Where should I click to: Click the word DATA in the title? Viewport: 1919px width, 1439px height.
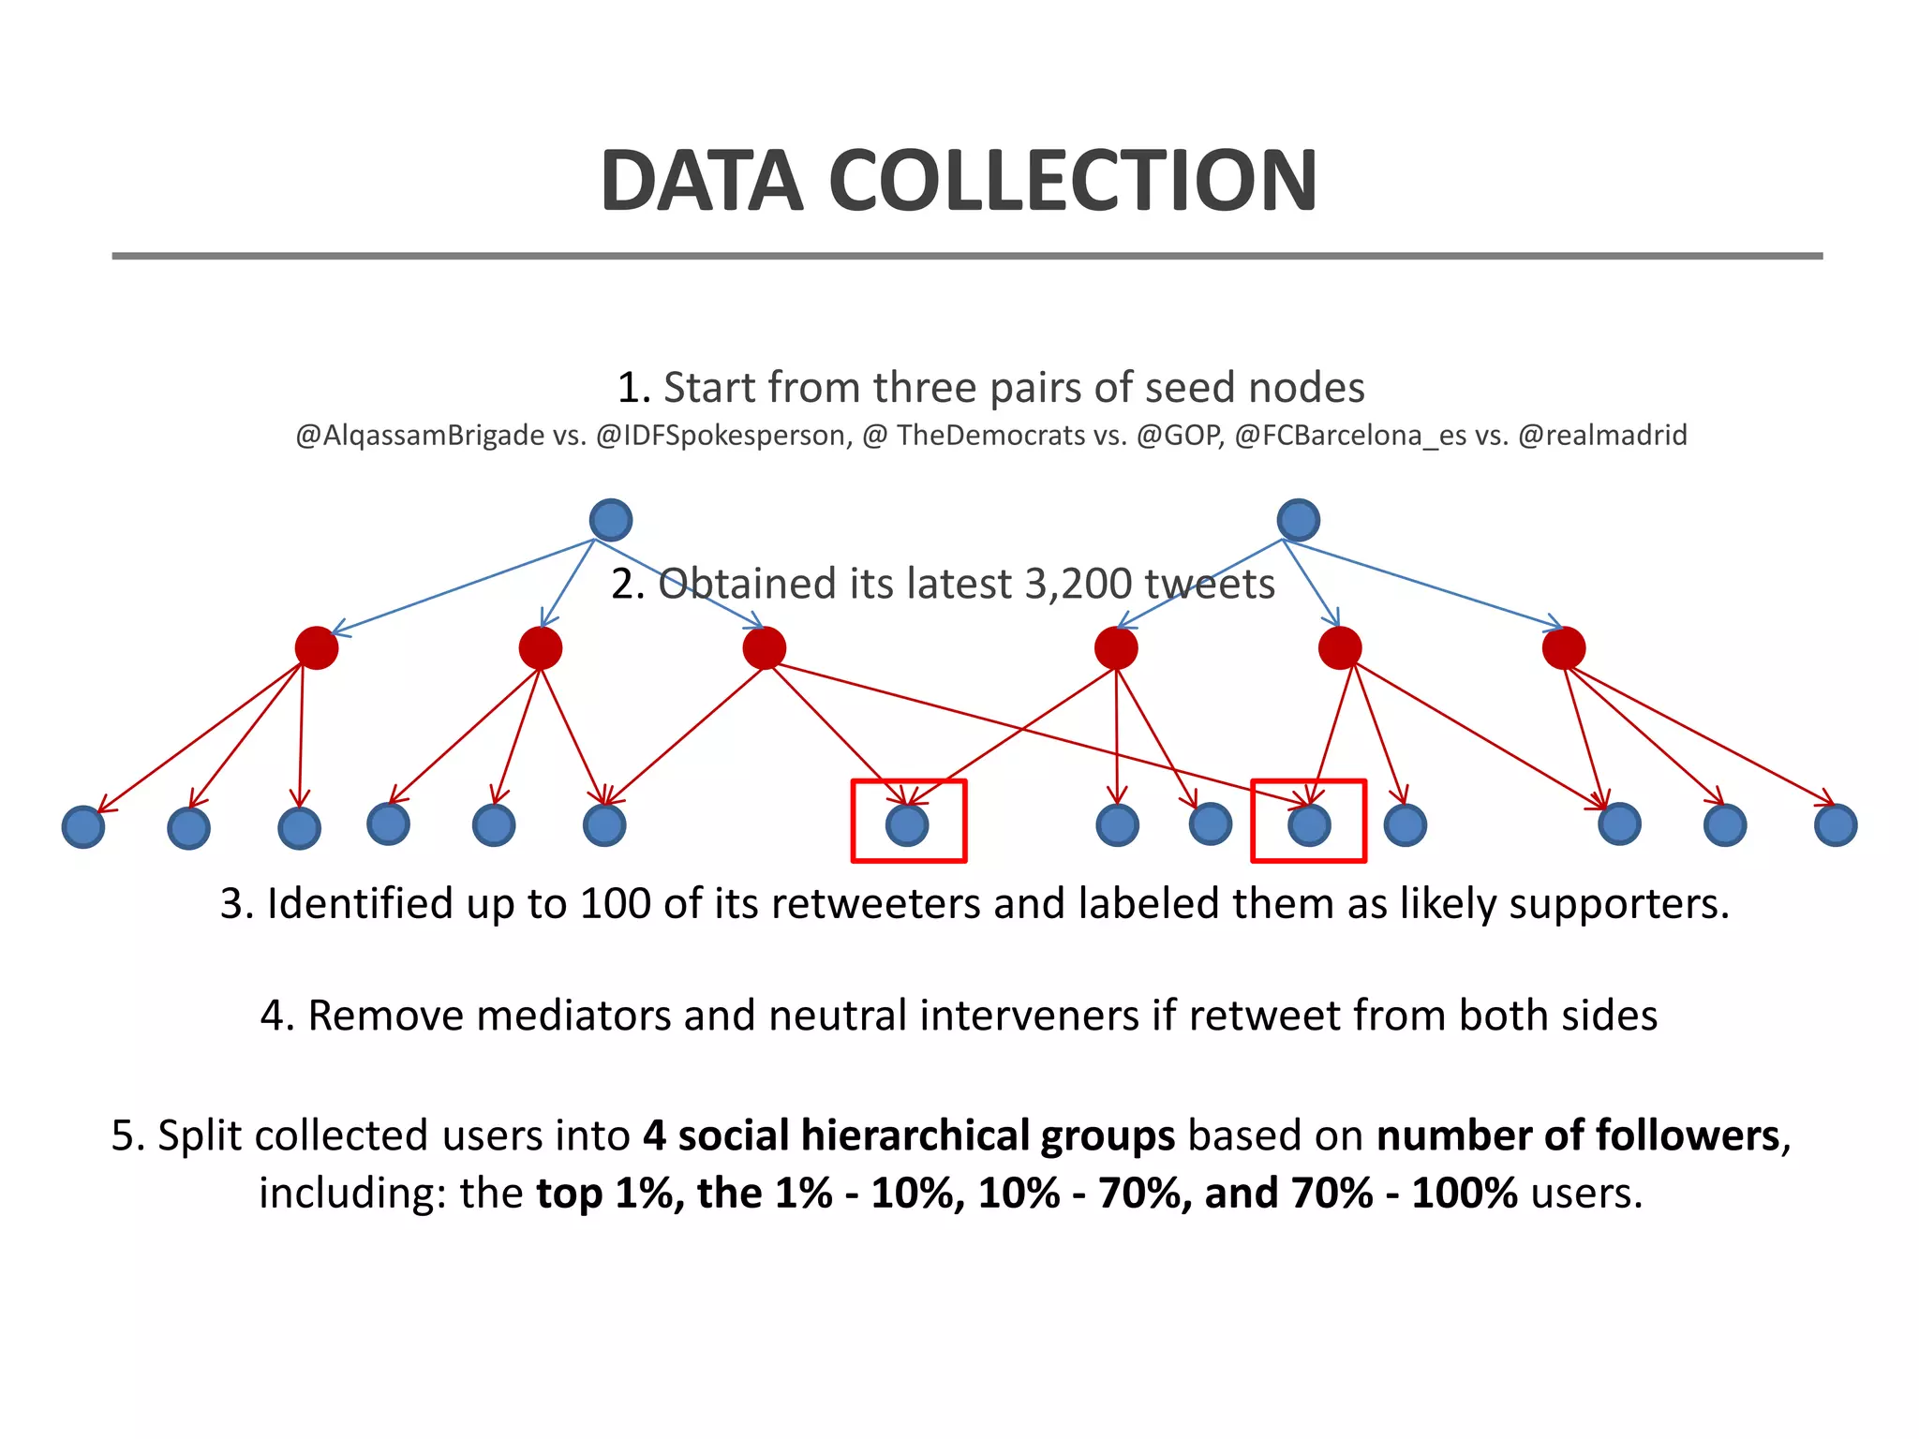pyautogui.click(x=702, y=181)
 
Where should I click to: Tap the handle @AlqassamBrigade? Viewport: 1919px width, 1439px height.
pyautogui.click(x=420, y=436)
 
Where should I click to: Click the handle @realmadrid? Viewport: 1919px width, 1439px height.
pyautogui.click(x=1602, y=436)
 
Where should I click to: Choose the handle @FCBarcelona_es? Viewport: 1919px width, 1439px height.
pyautogui.click(x=1350, y=436)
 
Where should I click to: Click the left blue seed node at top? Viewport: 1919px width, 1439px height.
pyautogui.click(x=611, y=520)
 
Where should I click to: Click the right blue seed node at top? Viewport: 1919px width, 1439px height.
pyautogui.click(x=1298, y=520)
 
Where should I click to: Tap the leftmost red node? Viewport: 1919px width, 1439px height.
pyautogui.click(x=317, y=647)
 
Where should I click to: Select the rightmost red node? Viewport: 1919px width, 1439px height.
pyautogui.click(x=1563, y=647)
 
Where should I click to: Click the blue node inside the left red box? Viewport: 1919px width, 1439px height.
pyautogui.click(x=907, y=825)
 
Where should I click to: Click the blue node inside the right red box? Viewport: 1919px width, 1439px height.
pyautogui.click(x=1309, y=825)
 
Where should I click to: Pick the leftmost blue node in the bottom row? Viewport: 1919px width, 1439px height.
pyautogui.click(x=83, y=827)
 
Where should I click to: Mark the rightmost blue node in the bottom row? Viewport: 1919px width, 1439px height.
pyautogui.click(x=1835, y=825)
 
